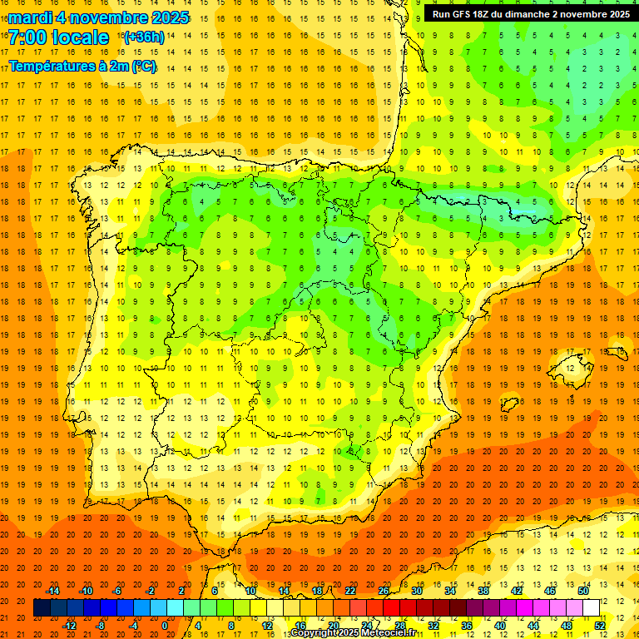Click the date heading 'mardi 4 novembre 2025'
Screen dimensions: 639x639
[99, 17]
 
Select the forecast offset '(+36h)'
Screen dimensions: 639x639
[143, 37]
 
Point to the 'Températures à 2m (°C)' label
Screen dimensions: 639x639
[82, 66]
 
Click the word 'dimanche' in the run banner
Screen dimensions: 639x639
[542, 14]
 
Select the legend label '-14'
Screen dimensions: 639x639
[53, 591]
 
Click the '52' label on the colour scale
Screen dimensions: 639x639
[600, 626]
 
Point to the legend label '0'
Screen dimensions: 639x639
[165, 626]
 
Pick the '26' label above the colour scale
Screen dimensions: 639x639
[384, 591]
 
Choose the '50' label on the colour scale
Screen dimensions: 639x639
[583, 591]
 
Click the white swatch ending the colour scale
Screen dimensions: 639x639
[591, 608]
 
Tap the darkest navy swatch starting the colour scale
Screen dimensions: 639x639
[42, 608]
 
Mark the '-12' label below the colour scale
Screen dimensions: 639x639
[70, 626]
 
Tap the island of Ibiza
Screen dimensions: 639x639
[509, 404]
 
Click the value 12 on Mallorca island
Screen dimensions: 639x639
[571, 367]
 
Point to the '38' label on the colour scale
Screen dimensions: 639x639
[483, 591]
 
